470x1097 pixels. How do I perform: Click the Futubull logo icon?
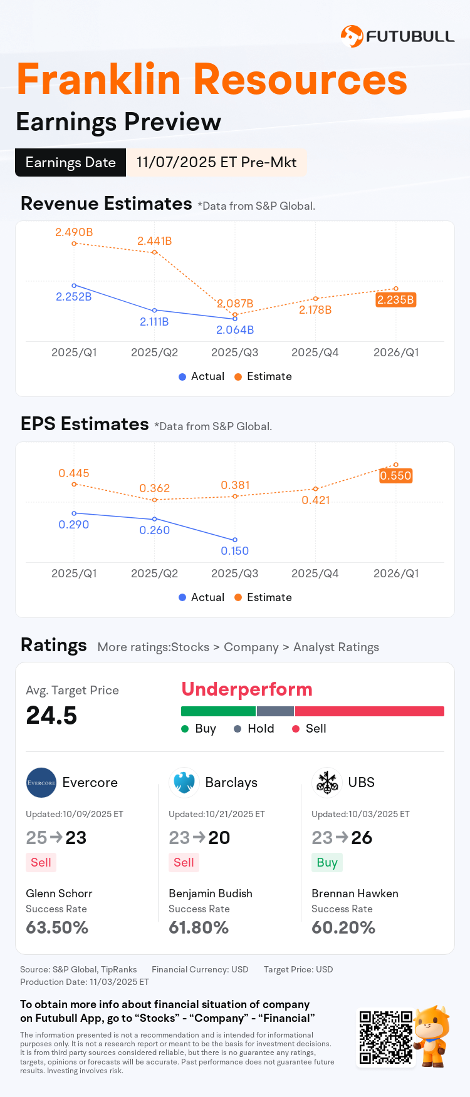[x=352, y=36]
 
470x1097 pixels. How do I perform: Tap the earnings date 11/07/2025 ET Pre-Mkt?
[x=216, y=162]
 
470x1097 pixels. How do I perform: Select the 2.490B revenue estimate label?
[x=74, y=232]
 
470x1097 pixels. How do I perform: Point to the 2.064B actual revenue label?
[x=235, y=330]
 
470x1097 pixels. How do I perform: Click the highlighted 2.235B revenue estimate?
[x=395, y=300]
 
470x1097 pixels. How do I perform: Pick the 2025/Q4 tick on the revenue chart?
[x=315, y=353]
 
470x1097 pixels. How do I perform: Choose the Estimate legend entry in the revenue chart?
[x=263, y=376]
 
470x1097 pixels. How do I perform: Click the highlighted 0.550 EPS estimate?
[x=395, y=476]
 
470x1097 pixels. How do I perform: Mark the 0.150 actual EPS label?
[x=235, y=551]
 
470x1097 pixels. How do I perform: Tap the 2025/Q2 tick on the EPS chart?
[x=154, y=574]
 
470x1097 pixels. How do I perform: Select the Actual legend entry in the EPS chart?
[x=201, y=597]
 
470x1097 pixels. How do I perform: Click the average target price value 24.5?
[x=51, y=716]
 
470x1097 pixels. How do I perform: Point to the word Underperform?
[x=247, y=689]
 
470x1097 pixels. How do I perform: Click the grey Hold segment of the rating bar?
[x=275, y=711]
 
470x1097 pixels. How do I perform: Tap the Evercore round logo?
[x=41, y=783]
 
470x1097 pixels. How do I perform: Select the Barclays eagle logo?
[x=184, y=783]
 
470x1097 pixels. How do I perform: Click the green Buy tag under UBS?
[x=327, y=863]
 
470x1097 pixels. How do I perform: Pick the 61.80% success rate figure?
[x=199, y=928]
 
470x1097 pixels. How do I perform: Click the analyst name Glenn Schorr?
[x=59, y=894]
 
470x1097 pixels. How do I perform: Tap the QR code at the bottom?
[x=386, y=1037]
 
